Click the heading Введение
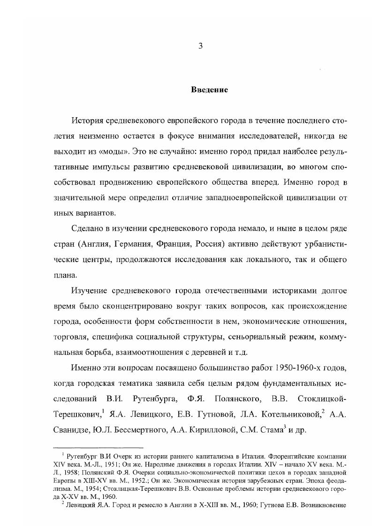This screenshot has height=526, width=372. coord(209,90)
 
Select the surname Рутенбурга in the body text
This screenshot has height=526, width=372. coord(152,399)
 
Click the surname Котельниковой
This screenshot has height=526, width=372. coord(292,415)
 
